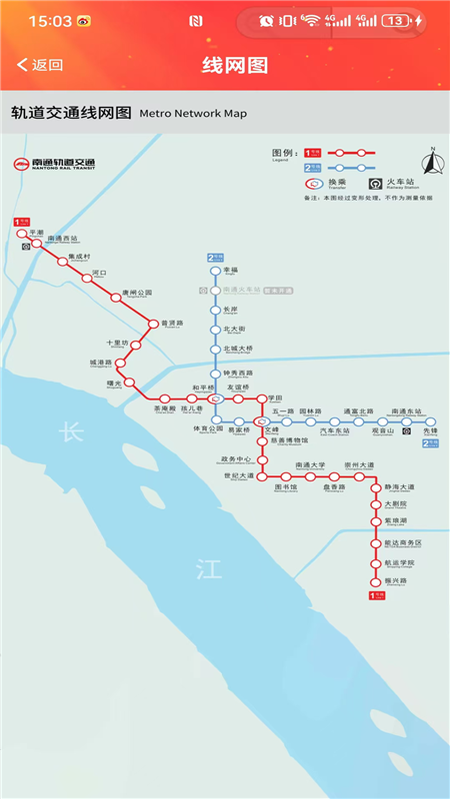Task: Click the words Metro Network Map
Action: coord(193,114)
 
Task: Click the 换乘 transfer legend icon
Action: coord(313,184)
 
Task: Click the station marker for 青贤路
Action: coord(153,324)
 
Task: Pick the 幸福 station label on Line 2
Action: coord(230,271)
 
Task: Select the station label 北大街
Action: coord(233,329)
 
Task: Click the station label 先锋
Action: coord(430,431)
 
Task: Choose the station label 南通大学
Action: coord(311,464)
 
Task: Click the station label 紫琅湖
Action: coord(397,520)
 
